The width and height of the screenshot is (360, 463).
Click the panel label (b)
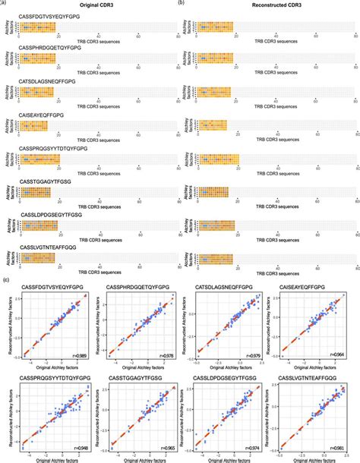tap(180, 3)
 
